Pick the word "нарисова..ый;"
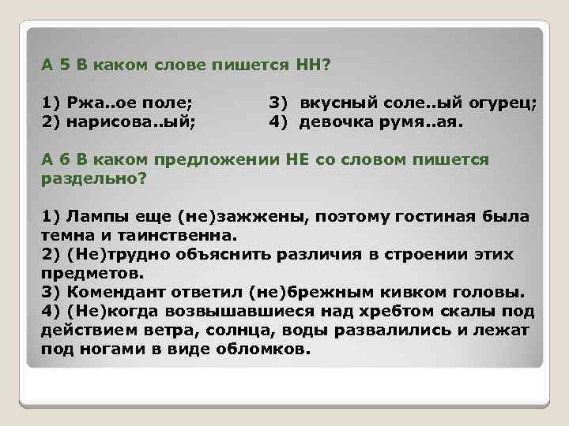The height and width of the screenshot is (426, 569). tap(127, 122)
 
